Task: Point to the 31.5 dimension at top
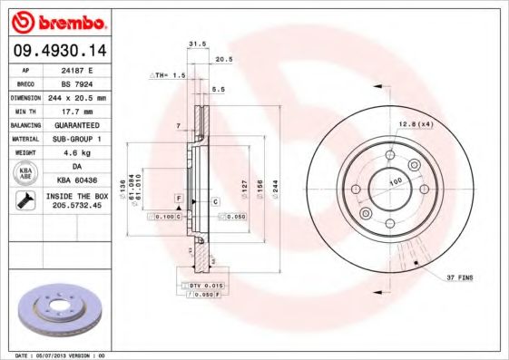click(193, 43)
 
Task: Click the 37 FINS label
click(459, 277)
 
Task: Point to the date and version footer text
click(62, 355)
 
